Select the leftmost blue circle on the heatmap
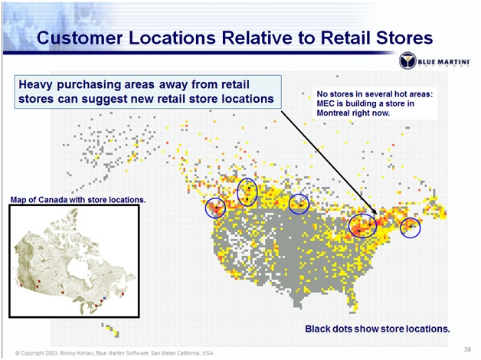[x=216, y=208]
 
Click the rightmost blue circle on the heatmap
[x=411, y=227]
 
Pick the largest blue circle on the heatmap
[x=362, y=225]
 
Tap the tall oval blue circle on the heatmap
[x=247, y=191]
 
